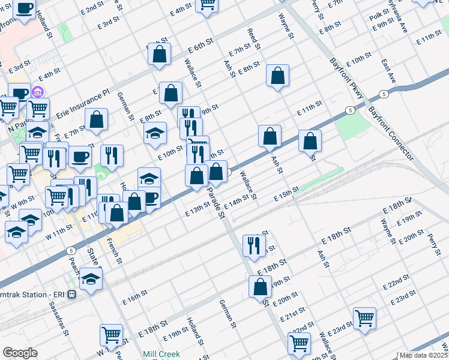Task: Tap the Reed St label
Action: click(254, 37)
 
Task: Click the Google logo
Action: click(20, 353)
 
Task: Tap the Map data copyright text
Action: click(424, 355)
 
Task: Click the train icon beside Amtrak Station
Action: click(71, 295)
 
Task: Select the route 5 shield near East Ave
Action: click(382, 95)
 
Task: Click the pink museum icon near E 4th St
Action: click(37, 92)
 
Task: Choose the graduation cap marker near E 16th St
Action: click(91, 278)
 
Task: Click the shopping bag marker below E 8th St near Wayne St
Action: click(277, 76)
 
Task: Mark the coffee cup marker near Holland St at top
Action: click(24, 9)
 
